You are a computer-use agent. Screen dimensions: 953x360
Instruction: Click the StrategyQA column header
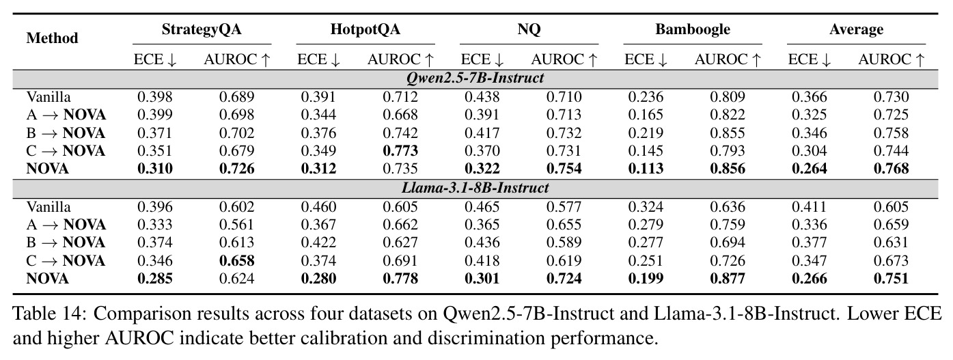coord(202,29)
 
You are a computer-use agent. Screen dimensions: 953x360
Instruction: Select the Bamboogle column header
coord(693,29)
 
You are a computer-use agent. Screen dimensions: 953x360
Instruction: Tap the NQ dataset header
coord(529,29)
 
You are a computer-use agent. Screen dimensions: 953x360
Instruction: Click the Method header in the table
coord(53,38)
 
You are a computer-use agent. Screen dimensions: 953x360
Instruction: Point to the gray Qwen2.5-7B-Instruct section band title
coord(475,78)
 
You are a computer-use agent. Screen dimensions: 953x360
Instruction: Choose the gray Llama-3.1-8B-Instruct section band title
coord(475,188)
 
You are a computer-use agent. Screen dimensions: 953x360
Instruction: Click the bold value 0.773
coord(400,151)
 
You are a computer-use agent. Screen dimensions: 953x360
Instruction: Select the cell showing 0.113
coord(646,169)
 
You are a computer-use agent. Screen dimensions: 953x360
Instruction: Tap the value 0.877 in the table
coord(728,278)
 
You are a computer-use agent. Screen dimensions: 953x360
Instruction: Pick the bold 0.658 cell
coord(237,260)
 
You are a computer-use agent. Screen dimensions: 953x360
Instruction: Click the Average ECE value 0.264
coord(810,169)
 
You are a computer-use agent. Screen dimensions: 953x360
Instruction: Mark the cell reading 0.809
coord(728,96)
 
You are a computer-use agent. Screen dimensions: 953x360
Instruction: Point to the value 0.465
coord(482,207)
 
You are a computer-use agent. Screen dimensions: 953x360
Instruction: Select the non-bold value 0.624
coord(237,278)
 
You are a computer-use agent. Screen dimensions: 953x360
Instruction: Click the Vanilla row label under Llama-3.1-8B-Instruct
coord(49,207)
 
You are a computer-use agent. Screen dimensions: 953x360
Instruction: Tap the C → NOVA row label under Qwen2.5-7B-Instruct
coord(66,151)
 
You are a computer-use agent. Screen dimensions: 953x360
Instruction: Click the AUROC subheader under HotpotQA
coord(400,59)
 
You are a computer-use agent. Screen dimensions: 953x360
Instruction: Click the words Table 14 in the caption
coord(49,314)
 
